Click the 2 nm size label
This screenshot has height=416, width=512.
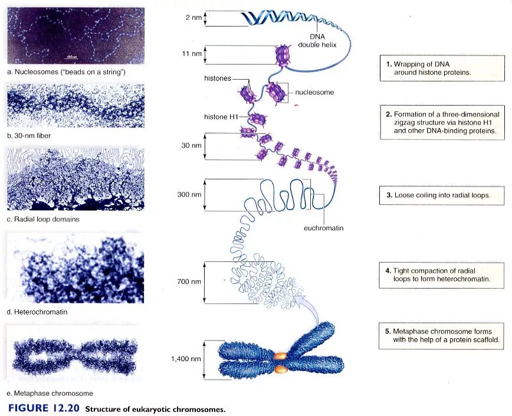[x=193, y=18]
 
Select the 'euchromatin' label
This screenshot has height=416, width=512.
[x=323, y=228]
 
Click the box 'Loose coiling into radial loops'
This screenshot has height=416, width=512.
[x=442, y=195]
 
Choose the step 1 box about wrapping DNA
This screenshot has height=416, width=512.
[x=442, y=68]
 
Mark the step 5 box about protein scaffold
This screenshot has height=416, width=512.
[x=442, y=336]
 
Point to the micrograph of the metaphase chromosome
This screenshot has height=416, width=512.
[x=72, y=355]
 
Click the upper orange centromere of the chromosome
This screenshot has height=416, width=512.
[x=280, y=356]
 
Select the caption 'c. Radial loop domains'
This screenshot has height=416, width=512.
[x=43, y=219]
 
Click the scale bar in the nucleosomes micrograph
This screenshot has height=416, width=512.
[x=72, y=58]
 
